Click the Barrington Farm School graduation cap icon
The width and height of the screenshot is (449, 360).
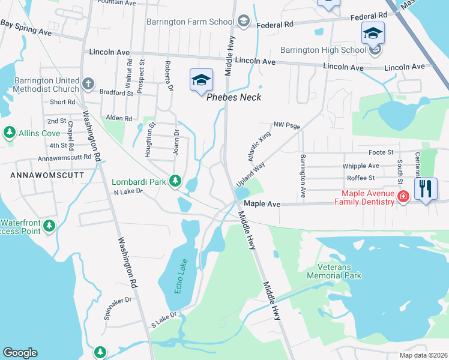pos(243,22)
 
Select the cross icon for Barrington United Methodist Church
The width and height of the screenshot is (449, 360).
pos(88,83)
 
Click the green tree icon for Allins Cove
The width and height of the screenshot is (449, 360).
pos(9,132)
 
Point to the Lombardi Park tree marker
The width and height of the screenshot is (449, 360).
pos(175,180)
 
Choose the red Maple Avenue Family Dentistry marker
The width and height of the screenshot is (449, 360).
pos(403,196)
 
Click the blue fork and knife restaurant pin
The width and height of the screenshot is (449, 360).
pos(426,189)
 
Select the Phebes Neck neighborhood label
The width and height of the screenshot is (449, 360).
pos(234,97)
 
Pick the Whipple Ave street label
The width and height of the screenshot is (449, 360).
pos(360,166)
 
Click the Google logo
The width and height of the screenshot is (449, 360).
pos(20,353)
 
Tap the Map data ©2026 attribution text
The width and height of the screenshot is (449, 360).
pos(423,355)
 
